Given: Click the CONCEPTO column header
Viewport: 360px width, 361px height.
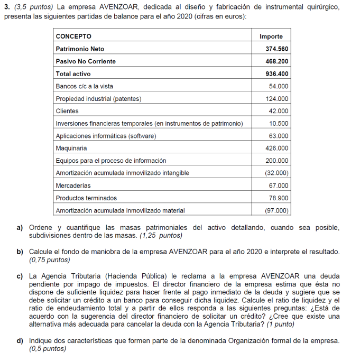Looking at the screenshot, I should pyautogui.click(x=73, y=36).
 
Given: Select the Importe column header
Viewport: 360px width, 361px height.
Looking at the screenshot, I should pyautogui.click(x=271, y=36).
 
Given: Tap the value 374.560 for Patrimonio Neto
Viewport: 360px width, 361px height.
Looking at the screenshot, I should pyautogui.click(x=276, y=49).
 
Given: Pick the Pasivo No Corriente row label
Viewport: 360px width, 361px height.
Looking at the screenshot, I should pyautogui.click(x=86, y=61).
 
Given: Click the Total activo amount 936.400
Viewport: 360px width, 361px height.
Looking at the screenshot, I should pyautogui.click(x=276, y=74).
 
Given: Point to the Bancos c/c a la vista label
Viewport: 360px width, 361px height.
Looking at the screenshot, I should pyautogui.click(x=84, y=86).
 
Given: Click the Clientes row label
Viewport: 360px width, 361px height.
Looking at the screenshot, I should pyautogui.click(x=67, y=111).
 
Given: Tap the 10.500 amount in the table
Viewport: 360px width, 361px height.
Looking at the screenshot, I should pyautogui.click(x=279, y=124).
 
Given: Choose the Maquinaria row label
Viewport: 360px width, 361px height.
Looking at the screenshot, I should pyautogui.click(x=71, y=149).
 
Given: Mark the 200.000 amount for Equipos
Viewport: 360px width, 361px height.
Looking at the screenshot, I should pyautogui.click(x=277, y=161).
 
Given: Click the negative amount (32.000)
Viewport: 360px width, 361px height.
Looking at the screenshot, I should pyautogui.click(x=276, y=173).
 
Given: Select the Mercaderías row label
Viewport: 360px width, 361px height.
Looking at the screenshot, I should pyautogui.click(x=73, y=186).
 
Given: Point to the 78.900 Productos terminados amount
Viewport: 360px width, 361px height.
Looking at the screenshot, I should pyautogui.click(x=279, y=198).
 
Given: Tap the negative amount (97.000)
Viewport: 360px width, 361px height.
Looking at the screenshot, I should pyautogui.click(x=276, y=210).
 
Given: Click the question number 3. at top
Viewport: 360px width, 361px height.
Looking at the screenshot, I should pyautogui.click(x=7, y=7).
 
